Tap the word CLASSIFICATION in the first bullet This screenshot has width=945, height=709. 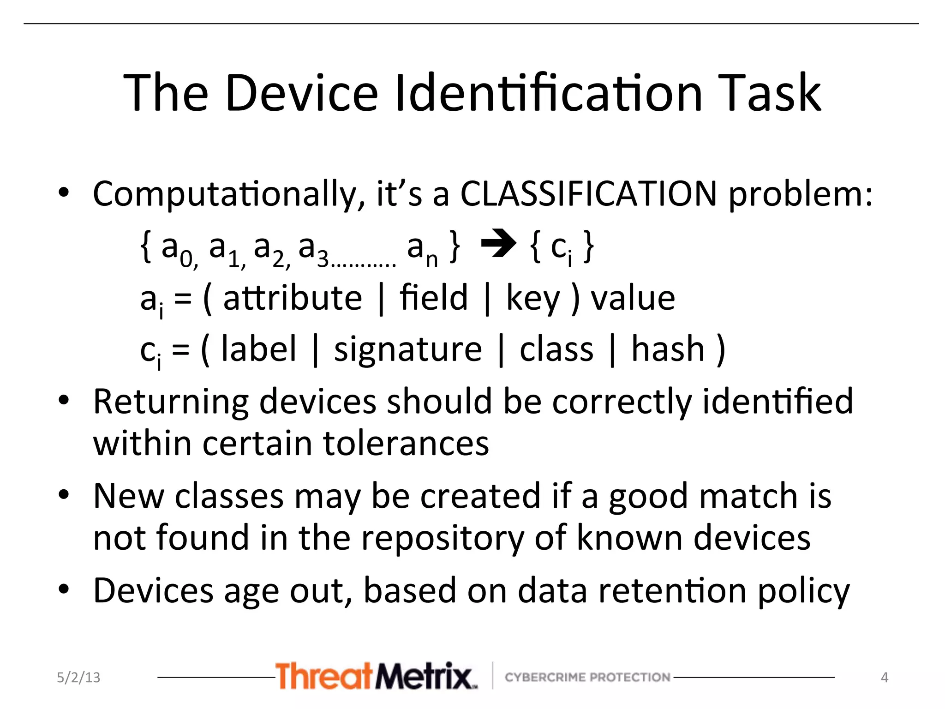pos(588,194)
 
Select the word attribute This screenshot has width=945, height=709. pos(293,298)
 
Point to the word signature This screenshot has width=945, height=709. pos(408,349)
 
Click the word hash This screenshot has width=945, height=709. pos(668,349)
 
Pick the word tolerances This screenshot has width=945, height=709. pos(406,444)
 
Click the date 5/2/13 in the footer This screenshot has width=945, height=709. pos(78,677)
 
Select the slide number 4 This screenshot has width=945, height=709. pos(884,677)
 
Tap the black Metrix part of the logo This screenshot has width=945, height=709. pos(424,676)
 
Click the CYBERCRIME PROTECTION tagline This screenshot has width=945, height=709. pos(587,677)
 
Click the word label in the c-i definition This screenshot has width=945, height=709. pos(258,349)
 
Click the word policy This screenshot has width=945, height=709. pos(803,592)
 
